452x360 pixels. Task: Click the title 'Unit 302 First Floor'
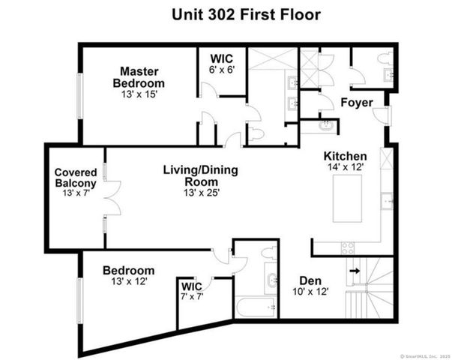225,14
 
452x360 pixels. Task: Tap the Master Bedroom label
139,77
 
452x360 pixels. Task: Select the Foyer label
357,103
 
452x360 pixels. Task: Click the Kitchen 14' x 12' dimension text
345,168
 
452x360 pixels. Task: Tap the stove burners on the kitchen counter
348,248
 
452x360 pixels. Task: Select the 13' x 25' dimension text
200,193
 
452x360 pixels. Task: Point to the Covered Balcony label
75,178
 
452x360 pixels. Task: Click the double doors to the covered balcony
109,199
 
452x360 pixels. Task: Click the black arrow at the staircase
355,271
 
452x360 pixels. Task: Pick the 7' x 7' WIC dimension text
192,296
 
